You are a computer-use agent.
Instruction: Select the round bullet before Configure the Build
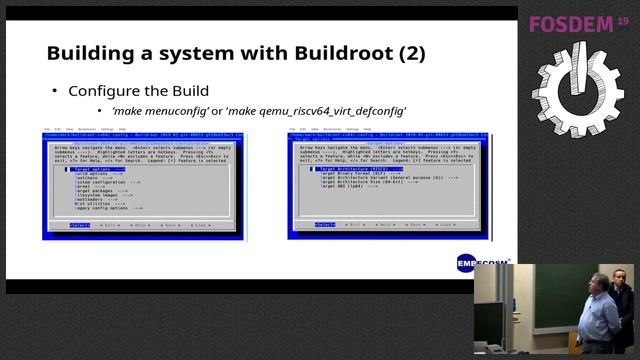(x=54, y=91)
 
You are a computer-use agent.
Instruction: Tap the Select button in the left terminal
(x=79, y=226)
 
